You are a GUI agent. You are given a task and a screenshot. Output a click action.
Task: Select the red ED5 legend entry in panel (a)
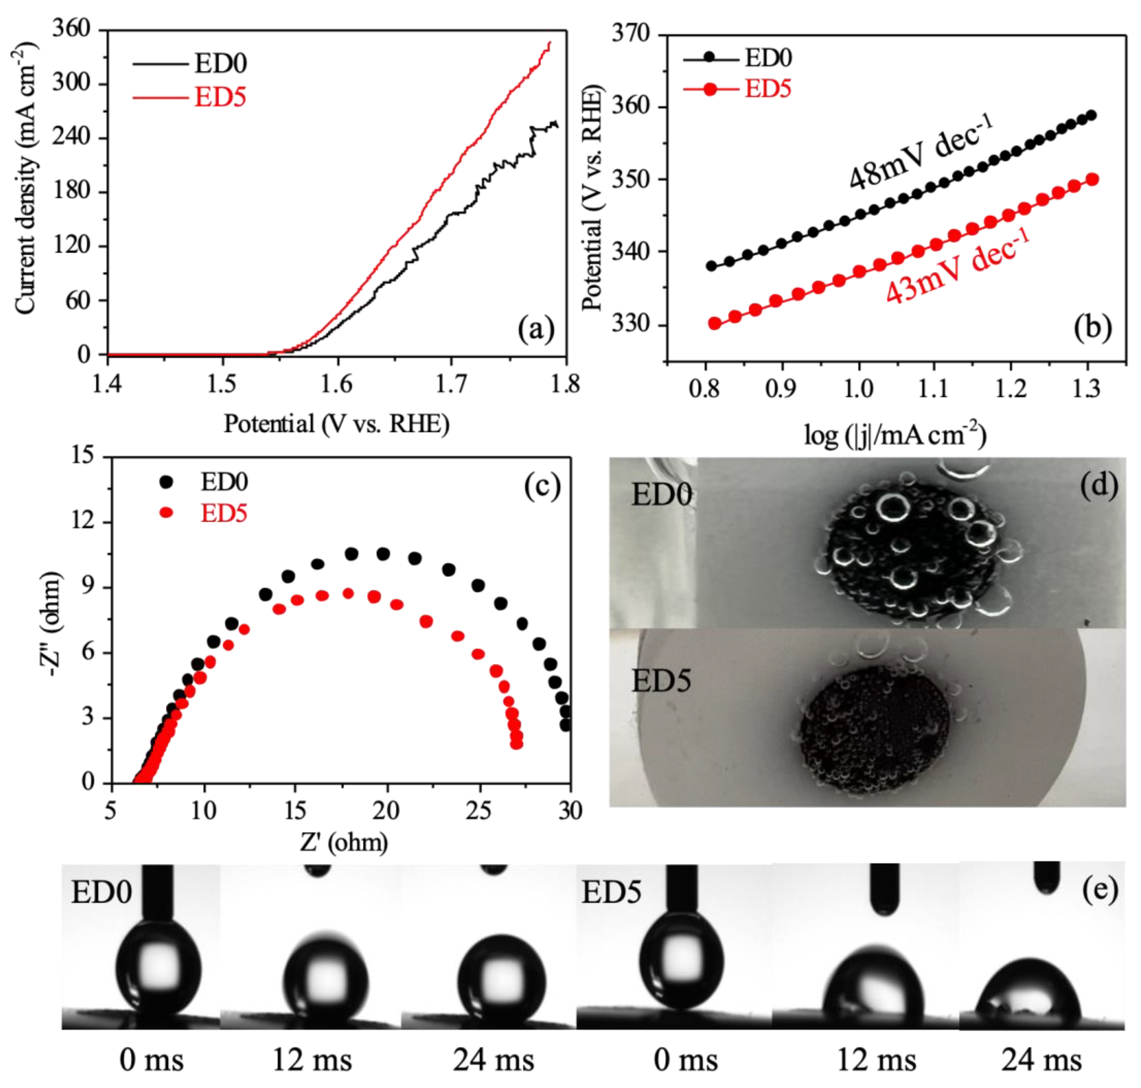point(219,97)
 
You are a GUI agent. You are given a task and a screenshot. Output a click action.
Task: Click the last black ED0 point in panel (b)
point(1091,115)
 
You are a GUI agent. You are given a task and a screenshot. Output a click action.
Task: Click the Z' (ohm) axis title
point(344,842)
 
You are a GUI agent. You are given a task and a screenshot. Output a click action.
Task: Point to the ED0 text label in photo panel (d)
point(661,495)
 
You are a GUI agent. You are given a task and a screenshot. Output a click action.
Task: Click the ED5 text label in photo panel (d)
point(661,680)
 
